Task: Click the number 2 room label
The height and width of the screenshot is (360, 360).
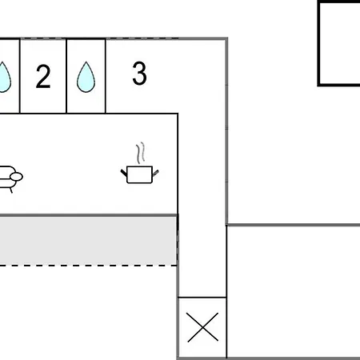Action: point(43,77)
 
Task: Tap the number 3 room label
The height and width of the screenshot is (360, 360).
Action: point(139,74)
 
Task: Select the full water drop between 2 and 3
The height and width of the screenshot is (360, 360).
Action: point(86,77)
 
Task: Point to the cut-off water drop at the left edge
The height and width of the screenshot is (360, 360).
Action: point(5,78)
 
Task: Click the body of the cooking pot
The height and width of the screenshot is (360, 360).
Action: point(139,174)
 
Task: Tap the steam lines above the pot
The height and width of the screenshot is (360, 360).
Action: point(141,153)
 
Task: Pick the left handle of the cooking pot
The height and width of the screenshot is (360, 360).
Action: point(124,173)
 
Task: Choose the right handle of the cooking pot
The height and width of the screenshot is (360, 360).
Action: point(155,173)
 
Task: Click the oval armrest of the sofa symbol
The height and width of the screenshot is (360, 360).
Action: point(16,177)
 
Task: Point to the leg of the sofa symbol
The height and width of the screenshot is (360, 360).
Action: point(11,190)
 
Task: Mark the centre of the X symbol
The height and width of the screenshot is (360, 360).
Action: point(202,327)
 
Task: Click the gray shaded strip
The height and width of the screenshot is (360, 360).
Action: point(88,241)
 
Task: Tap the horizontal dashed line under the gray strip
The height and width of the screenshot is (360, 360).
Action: point(89,266)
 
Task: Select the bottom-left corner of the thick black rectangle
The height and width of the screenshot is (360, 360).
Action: point(318,85)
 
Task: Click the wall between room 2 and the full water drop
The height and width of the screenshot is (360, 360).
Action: point(66,76)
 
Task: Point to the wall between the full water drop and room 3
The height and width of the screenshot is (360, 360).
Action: point(106,76)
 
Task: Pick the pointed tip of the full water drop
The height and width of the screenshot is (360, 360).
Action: point(86,62)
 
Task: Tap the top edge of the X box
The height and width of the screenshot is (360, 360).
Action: point(202,297)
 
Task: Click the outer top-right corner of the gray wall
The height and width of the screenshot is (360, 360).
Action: point(227,38)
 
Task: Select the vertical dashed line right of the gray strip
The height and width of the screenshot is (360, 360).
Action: point(177,241)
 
